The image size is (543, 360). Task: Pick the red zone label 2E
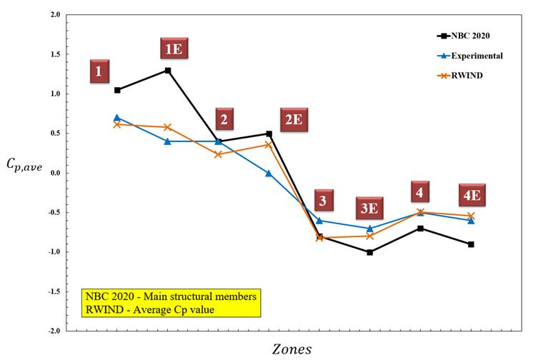[x=294, y=120]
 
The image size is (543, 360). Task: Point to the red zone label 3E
[x=369, y=209]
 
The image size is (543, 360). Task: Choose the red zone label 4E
[x=473, y=195]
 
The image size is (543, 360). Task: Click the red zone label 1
[x=99, y=71]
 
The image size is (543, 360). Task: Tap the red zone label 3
[x=323, y=201]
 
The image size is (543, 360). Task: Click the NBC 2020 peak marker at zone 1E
[x=168, y=70]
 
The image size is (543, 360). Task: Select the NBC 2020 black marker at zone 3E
[x=369, y=252]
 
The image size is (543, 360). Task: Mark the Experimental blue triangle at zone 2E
[x=269, y=173]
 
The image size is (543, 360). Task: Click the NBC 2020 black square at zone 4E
[x=471, y=244]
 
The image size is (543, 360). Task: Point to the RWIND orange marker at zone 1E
[x=168, y=127]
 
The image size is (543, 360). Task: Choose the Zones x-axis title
[x=292, y=349]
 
